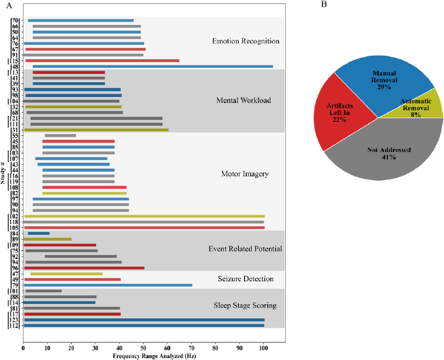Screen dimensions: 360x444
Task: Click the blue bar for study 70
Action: [81, 20]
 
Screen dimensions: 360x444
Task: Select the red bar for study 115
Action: [102, 61]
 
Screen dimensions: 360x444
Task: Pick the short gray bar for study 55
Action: [61, 136]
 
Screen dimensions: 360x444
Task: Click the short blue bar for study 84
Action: [38, 233]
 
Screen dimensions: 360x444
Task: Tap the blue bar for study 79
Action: [108, 285]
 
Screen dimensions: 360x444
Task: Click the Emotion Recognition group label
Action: [245, 42]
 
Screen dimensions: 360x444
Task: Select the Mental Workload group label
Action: [244, 101]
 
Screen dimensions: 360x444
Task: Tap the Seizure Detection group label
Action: [244, 279]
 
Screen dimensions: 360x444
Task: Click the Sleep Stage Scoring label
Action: [244, 305]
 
